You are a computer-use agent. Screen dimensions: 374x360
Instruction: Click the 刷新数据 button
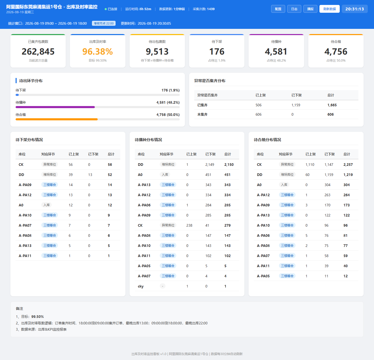tap(329, 9)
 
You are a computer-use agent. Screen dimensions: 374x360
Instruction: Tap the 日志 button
tap(294, 9)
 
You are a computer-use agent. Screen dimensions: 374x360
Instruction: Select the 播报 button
tap(310, 9)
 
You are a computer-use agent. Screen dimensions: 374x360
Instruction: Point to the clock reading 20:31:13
tap(355, 9)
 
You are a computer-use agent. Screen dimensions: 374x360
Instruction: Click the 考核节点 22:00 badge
tap(104, 23)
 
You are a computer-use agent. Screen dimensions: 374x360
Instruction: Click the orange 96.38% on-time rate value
tap(98, 51)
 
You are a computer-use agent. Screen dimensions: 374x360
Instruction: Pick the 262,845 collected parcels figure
tap(38, 51)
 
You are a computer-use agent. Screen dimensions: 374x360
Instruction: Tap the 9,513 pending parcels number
tap(157, 51)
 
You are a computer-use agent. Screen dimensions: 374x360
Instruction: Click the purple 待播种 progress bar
tap(55, 107)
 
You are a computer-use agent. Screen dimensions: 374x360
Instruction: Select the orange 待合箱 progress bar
tap(57, 119)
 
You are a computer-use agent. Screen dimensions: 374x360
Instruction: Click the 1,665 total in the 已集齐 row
tap(332, 105)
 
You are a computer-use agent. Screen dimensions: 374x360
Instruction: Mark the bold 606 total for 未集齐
tap(330, 114)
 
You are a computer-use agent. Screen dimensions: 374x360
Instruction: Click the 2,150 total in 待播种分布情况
tap(229, 165)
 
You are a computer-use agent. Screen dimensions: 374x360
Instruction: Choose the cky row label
tap(141, 286)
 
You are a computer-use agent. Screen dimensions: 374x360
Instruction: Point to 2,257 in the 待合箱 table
tap(348, 165)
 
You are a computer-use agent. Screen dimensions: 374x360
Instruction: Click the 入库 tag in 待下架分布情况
tap(46, 205)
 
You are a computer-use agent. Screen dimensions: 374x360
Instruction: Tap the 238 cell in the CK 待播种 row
tap(189, 225)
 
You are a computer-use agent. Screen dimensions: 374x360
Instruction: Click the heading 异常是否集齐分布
tap(210, 81)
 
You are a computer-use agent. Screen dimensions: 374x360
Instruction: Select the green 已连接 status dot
tap(106, 9)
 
